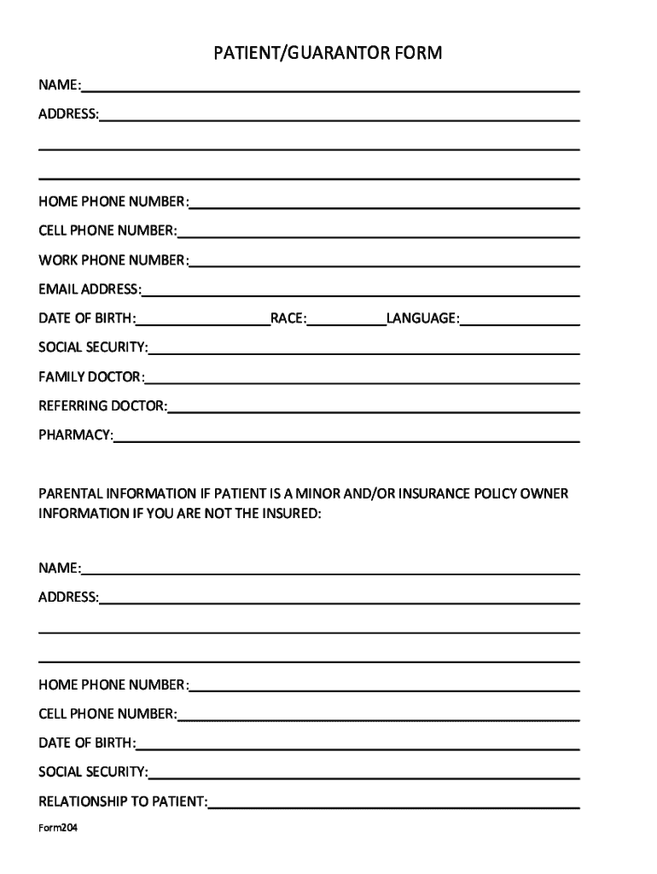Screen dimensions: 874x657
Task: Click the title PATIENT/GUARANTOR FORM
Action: click(328, 55)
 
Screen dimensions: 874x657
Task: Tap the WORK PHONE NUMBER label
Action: click(113, 259)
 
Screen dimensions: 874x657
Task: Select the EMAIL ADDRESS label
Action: click(90, 288)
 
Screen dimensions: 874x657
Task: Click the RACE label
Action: click(288, 318)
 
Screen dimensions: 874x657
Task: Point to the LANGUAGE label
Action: click(423, 318)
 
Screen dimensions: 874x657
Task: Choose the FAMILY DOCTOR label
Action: click(91, 376)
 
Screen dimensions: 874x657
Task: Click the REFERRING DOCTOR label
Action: click(102, 405)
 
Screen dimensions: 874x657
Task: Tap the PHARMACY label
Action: click(75, 434)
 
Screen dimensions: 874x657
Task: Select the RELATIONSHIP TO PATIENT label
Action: click(123, 801)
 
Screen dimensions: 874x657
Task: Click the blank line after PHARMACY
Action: click(346, 440)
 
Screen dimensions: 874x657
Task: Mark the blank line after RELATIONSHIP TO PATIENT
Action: click(394, 807)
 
